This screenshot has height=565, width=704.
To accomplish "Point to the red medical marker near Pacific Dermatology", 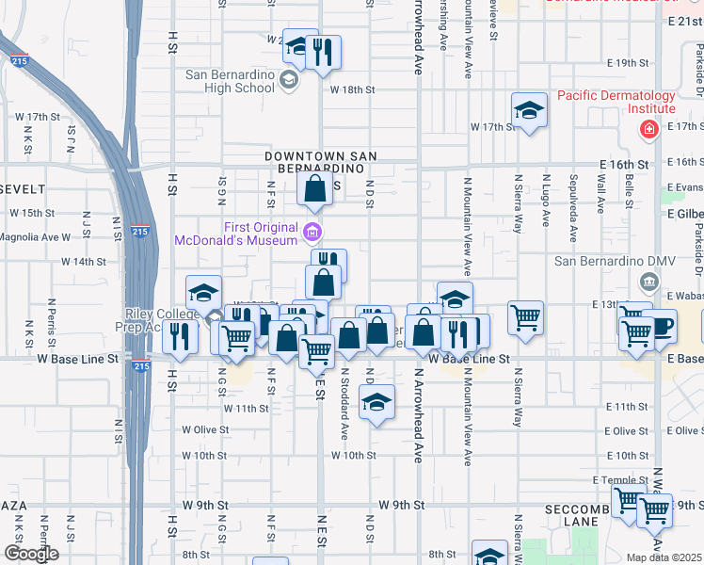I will click(x=648, y=129).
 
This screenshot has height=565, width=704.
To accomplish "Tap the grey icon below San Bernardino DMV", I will click(x=648, y=281).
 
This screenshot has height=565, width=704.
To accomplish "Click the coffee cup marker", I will click(x=663, y=327).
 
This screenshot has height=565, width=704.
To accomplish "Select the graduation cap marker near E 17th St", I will click(x=529, y=111).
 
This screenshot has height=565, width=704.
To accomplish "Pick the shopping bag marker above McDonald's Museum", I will click(x=314, y=189).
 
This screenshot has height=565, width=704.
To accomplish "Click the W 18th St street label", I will click(x=352, y=89).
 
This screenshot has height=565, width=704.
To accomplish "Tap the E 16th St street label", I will click(x=625, y=164).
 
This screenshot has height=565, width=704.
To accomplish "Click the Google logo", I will click(x=30, y=554).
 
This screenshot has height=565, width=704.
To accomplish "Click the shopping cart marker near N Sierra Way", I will click(x=525, y=317).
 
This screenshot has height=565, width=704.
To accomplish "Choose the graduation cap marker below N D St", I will click(x=376, y=402).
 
